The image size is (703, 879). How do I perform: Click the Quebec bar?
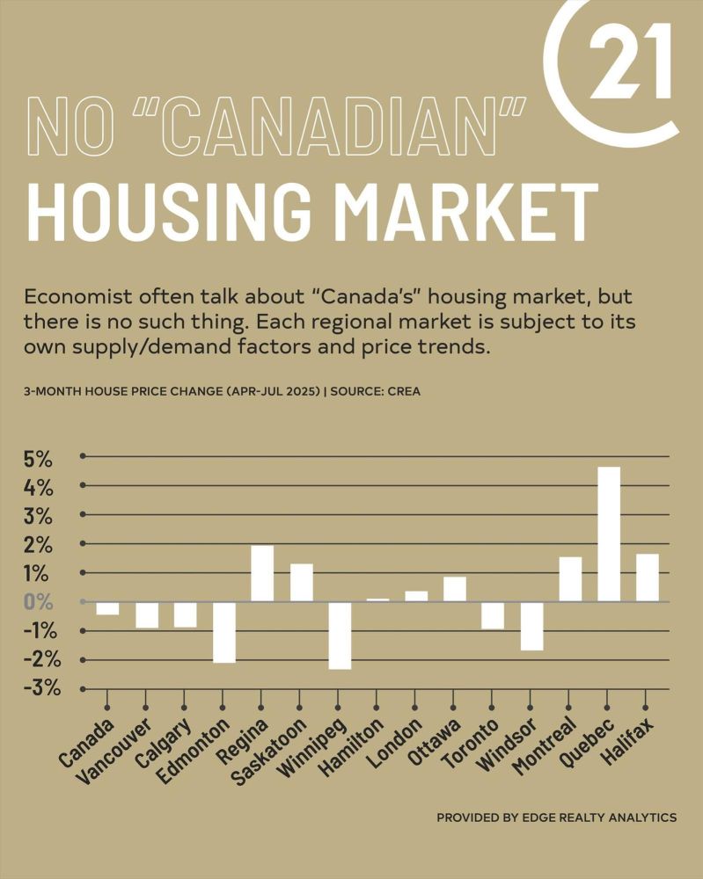click(x=608, y=534)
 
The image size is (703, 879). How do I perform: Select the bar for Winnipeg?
click(x=340, y=636)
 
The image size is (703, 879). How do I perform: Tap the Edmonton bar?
click(x=224, y=632)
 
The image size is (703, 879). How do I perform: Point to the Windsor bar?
click(x=531, y=626)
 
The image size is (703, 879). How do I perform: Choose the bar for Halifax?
click(x=647, y=578)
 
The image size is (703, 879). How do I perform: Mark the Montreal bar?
click(x=570, y=579)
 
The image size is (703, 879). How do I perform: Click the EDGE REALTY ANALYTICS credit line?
click(x=556, y=817)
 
